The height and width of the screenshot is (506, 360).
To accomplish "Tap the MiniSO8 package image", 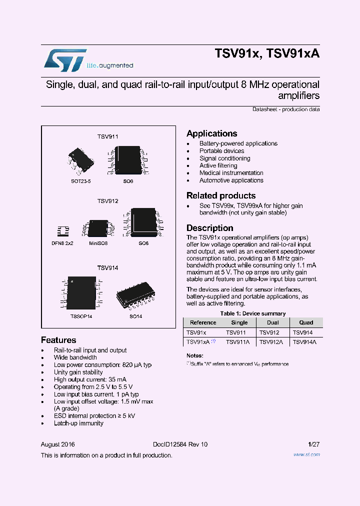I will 97,227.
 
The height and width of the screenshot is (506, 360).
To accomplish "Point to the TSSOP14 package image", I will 80,292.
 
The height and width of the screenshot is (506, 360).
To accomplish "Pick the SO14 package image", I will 135,299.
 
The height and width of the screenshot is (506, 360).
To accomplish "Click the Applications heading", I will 211,133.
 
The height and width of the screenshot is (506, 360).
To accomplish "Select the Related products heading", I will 221,195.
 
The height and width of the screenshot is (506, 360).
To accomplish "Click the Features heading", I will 58,340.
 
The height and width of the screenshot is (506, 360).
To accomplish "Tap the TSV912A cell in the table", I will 272,342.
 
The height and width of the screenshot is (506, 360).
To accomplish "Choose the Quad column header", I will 306,322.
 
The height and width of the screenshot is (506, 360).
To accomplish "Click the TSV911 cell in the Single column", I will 235,332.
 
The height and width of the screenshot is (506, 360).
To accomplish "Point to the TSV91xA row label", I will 198,342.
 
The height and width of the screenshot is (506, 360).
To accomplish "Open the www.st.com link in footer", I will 307,454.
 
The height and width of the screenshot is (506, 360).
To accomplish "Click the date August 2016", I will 57,444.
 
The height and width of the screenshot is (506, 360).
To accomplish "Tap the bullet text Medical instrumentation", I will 231,173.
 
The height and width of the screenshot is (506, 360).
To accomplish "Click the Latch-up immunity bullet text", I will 78,423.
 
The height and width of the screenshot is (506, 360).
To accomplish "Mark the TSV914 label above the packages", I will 107,268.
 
